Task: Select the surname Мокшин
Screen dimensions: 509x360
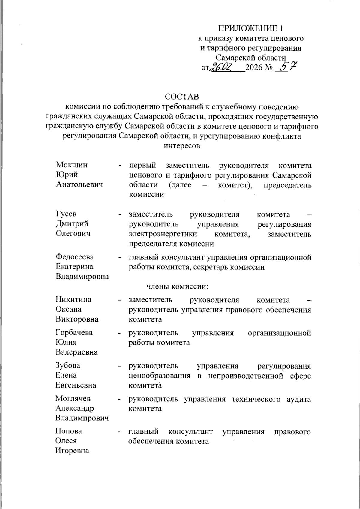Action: click(x=72, y=165)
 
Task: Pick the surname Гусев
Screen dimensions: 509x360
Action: click(x=66, y=214)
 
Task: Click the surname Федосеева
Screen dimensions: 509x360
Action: click(x=75, y=257)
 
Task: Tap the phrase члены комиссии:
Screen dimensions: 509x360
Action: click(x=177, y=286)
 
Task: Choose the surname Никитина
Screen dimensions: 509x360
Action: click(x=73, y=300)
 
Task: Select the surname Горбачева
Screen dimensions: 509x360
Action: click(x=74, y=333)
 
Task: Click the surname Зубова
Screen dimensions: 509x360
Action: click(x=68, y=366)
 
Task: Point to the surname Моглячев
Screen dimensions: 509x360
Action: click(x=73, y=399)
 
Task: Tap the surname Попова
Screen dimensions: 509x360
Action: click(x=69, y=431)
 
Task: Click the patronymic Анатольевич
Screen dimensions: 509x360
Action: click(x=79, y=184)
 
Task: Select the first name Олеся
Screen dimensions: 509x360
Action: click(x=66, y=441)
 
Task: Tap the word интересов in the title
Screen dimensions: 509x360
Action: click(x=182, y=146)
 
